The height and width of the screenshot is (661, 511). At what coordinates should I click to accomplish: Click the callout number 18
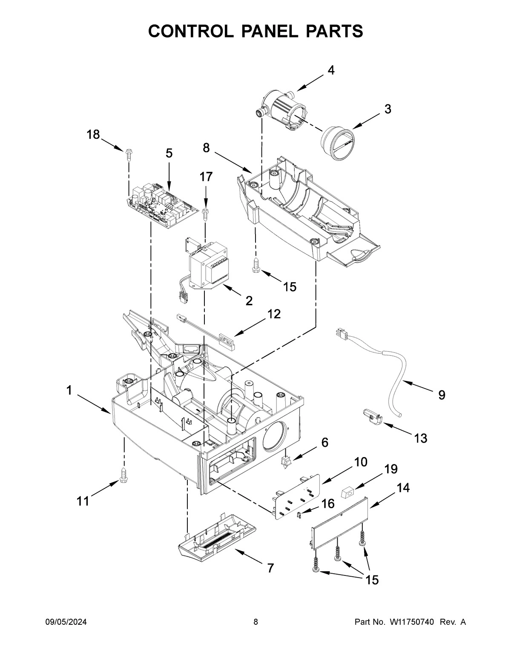tap(93, 135)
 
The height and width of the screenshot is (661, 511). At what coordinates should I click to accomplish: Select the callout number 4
tap(330, 71)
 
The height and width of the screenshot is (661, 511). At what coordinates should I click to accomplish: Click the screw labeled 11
tap(124, 475)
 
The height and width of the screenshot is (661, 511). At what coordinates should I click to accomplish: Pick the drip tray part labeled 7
tap(217, 538)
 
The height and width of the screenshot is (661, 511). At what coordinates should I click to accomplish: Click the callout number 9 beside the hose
tap(442, 395)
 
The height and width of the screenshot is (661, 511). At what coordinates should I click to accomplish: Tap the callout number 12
tap(274, 314)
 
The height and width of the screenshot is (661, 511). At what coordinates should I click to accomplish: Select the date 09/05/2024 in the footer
tap(66, 622)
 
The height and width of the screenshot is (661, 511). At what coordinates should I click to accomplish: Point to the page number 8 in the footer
tap(255, 622)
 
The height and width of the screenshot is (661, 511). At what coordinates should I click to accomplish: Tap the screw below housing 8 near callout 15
tap(255, 264)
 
